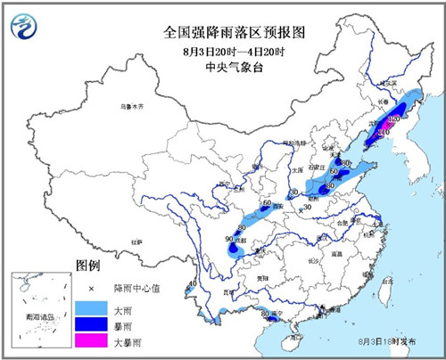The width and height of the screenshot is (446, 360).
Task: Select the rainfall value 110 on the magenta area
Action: [383, 134]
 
